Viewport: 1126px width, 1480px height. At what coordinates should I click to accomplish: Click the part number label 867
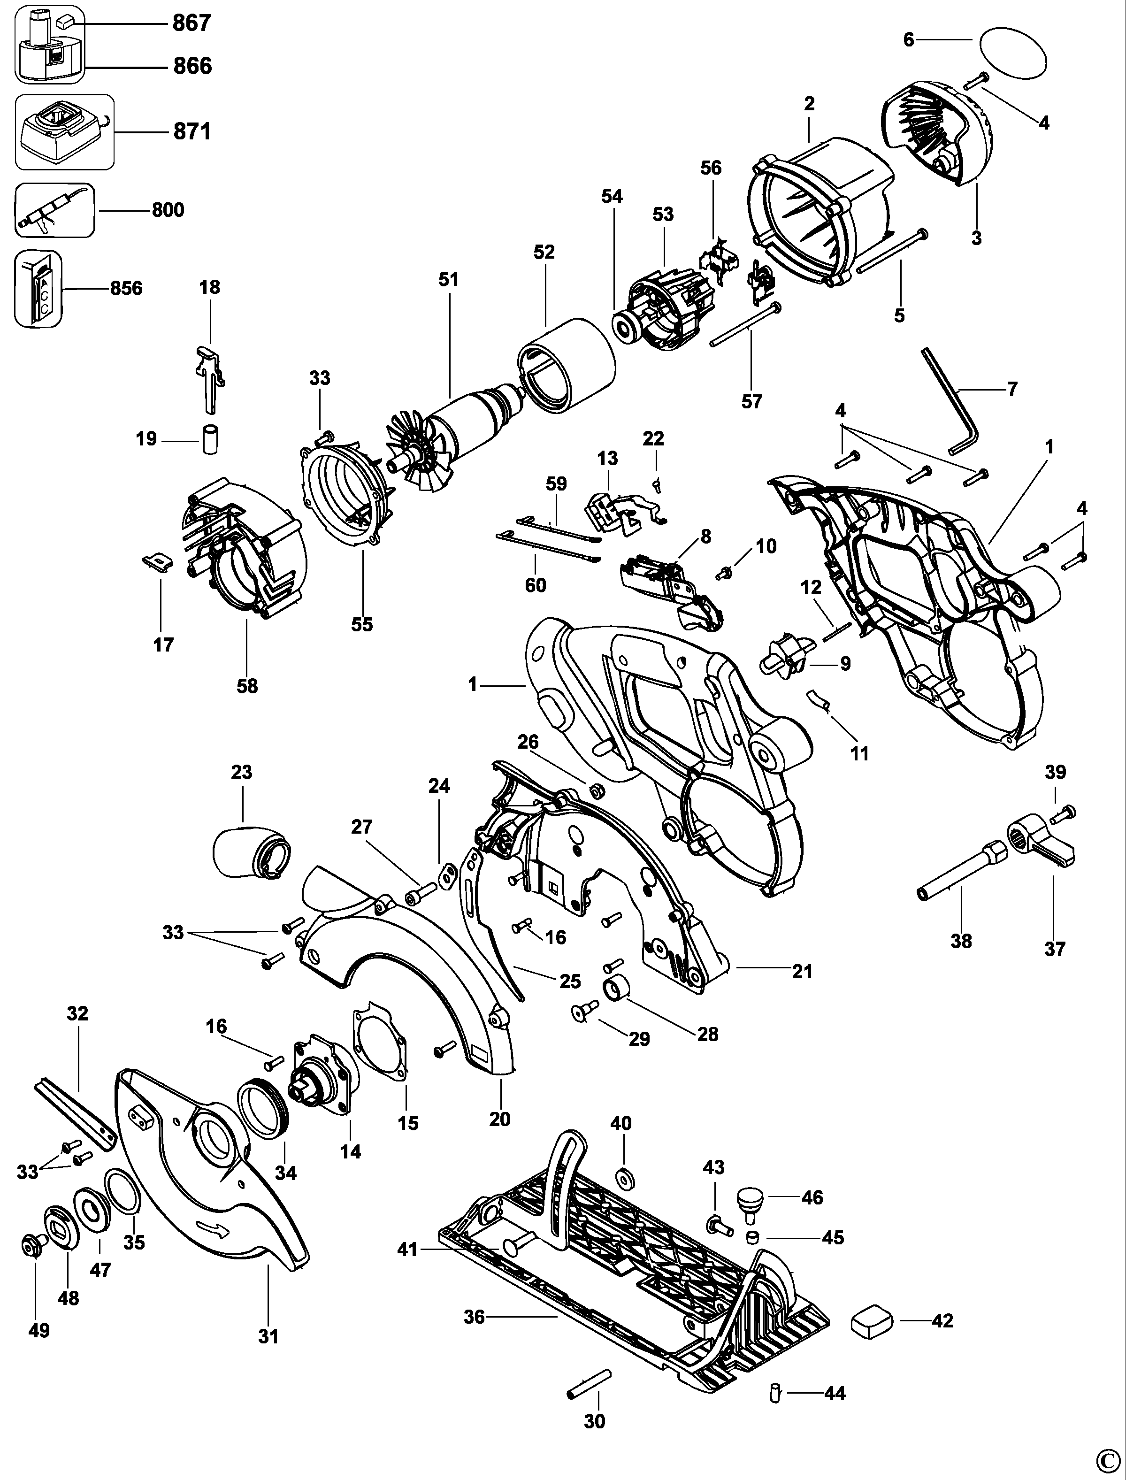(191, 23)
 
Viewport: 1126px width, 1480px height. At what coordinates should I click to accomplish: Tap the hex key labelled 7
(952, 396)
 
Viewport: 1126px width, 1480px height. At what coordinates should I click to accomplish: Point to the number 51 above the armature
(448, 279)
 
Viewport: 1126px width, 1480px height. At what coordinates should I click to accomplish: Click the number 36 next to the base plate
(474, 1317)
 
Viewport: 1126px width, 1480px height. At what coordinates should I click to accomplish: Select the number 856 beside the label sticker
(126, 288)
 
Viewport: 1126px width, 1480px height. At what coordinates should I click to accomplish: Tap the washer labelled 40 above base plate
(625, 1176)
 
